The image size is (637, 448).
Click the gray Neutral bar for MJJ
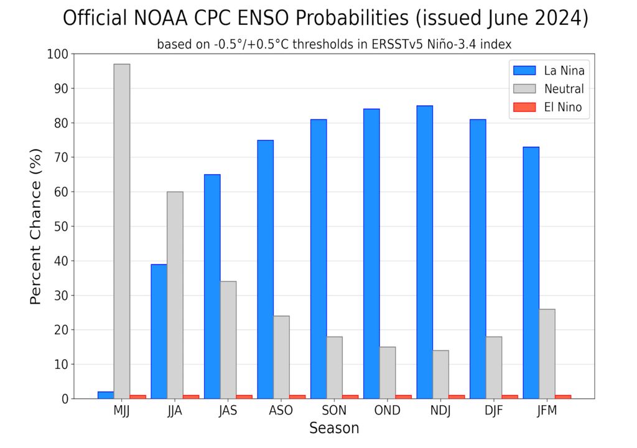click(122, 231)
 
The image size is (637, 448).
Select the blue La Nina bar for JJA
click(159, 331)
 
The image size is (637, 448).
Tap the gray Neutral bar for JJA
click(175, 295)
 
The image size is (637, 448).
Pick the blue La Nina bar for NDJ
click(425, 252)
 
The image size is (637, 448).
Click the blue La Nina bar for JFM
click(531, 273)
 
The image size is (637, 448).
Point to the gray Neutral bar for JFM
click(547, 353)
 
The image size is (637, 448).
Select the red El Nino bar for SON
click(350, 396)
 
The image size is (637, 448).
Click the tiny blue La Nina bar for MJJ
click(106, 394)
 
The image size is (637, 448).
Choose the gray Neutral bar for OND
click(388, 372)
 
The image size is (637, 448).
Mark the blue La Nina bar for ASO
click(265, 269)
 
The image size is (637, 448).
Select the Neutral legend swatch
click(523, 89)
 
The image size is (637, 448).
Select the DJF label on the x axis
click(493, 411)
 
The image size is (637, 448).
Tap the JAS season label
click(228, 411)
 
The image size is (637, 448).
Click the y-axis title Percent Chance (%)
click(35, 226)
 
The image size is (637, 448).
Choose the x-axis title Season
click(334, 429)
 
